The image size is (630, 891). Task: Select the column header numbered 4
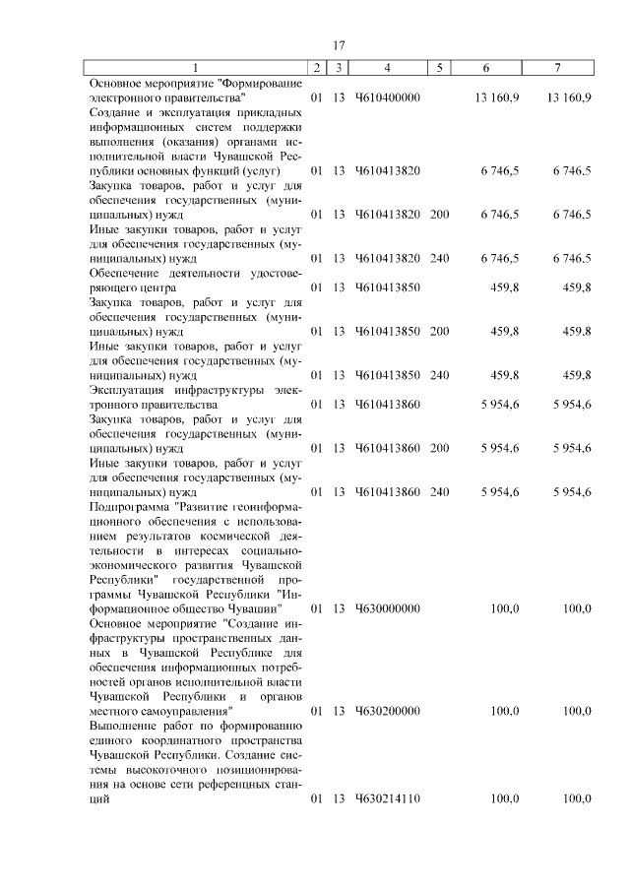(x=389, y=68)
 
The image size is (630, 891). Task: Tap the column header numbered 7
(x=558, y=68)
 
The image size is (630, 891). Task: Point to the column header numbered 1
(x=195, y=68)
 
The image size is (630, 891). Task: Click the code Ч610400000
(x=388, y=98)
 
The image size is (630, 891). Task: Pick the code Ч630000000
(x=388, y=608)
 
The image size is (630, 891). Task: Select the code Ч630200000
(x=388, y=710)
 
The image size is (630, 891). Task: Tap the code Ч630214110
(x=388, y=798)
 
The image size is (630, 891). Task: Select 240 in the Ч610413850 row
(x=439, y=375)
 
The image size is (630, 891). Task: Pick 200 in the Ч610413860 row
(x=439, y=448)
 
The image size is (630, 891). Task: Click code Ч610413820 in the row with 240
(x=388, y=258)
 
